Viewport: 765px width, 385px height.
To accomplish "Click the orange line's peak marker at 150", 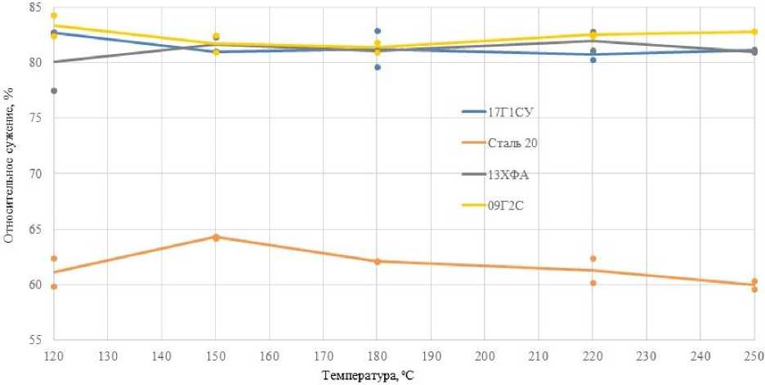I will tap(216, 237).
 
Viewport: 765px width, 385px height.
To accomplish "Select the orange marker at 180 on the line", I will tap(378, 262).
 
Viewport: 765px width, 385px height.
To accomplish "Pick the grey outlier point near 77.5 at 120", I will tap(54, 91).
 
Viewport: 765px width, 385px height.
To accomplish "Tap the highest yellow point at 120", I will tap(54, 16).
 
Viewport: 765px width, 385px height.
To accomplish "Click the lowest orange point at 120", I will tap(54, 287).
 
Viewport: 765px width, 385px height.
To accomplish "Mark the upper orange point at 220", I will tap(593, 258).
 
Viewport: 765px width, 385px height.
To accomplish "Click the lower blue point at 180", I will tap(378, 67).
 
